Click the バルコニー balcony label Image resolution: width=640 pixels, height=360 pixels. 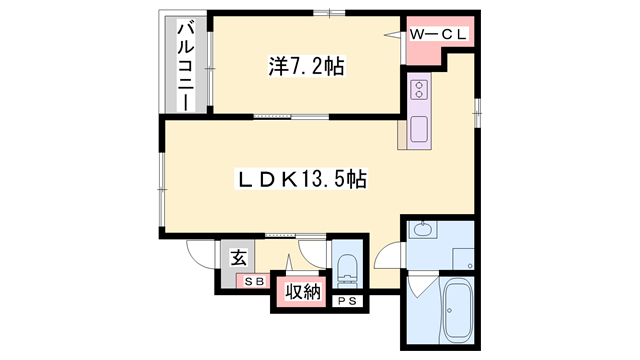pos(185,61)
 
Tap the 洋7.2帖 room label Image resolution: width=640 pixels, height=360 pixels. pos(307,67)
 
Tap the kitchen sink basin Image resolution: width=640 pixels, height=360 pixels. pos(418,128)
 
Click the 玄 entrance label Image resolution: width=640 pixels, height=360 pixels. pos(240,257)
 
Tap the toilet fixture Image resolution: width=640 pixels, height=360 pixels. pos(347,266)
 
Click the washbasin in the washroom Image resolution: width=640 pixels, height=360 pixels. pos(422,231)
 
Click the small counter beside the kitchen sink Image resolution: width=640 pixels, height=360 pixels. pos(403,132)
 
